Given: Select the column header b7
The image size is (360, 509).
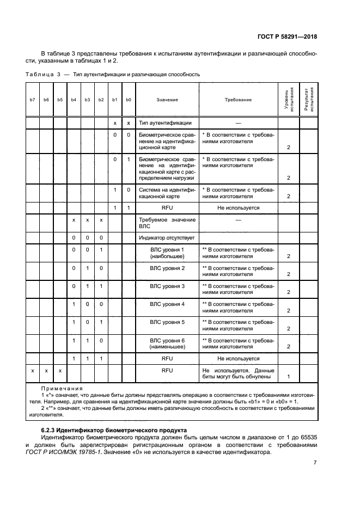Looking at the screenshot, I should [x=33, y=100].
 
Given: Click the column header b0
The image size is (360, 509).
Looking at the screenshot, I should [x=129, y=100].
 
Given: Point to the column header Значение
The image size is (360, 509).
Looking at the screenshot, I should [x=167, y=100].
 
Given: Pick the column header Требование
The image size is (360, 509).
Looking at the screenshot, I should [x=238, y=100].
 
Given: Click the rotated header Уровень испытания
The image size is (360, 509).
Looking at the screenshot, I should [x=288, y=99].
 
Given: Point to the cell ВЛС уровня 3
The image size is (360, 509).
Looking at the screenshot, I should [x=167, y=286].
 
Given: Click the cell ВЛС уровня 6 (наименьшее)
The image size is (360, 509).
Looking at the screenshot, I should [x=167, y=343].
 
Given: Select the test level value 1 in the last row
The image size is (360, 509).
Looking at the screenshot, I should [x=288, y=376].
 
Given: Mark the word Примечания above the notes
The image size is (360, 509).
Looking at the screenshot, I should [x=62, y=389].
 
